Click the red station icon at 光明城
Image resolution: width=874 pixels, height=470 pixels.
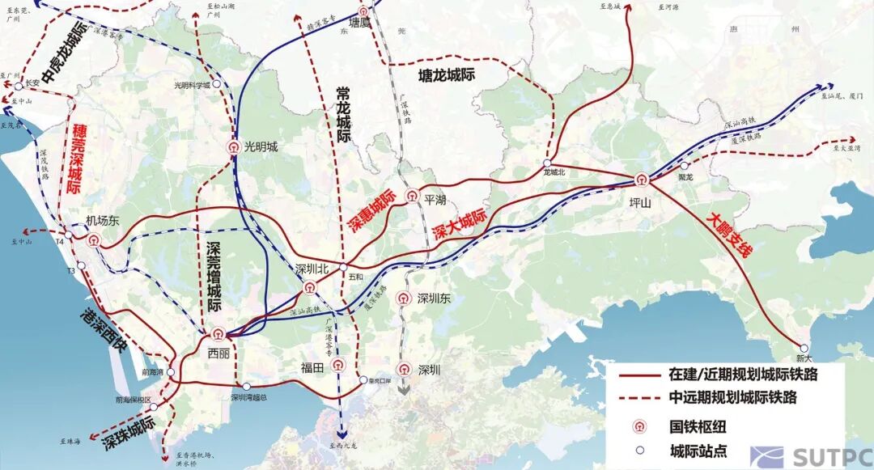(233, 147)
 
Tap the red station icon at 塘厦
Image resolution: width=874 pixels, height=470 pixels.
(366, 11)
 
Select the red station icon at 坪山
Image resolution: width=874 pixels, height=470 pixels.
(642, 180)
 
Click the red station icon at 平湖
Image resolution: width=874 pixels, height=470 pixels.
(412, 195)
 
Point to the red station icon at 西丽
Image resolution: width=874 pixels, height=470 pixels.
(218, 332)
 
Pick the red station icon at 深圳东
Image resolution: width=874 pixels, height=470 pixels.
(402, 299)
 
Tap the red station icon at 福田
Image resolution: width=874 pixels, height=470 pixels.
(339, 365)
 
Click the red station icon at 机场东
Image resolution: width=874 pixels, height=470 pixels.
(95, 239)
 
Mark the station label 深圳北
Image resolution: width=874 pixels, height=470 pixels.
(312, 269)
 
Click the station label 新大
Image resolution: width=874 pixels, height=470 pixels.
(802, 358)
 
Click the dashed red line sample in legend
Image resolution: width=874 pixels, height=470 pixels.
(640, 398)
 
